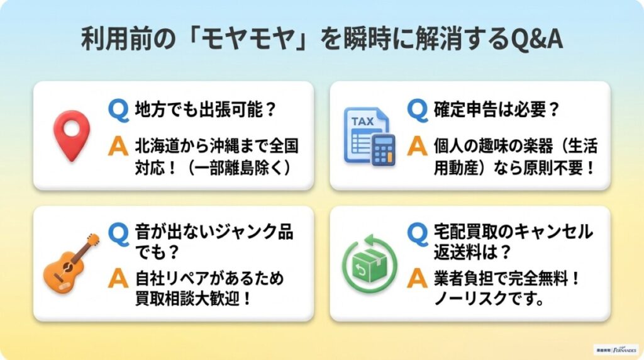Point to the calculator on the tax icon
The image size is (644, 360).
382,150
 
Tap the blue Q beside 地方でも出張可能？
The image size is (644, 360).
118,110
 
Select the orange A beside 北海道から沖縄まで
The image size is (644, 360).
118,146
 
